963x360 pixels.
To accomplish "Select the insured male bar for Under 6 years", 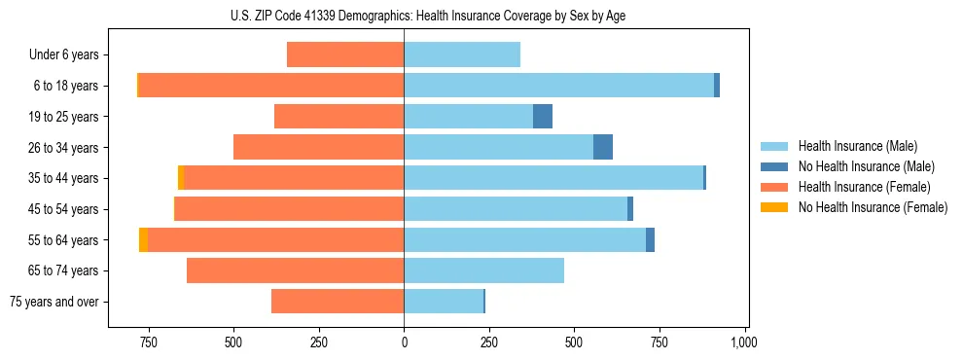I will [462, 54].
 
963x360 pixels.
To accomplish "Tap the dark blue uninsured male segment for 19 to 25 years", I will [543, 117].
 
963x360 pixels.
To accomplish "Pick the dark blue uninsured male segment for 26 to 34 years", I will [603, 147].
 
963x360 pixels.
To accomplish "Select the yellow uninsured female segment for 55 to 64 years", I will [143, 239].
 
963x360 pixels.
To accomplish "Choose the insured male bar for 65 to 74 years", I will [483, 270].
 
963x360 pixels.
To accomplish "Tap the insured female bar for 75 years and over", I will [338, 302].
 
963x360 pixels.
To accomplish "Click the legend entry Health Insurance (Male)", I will [857, 146].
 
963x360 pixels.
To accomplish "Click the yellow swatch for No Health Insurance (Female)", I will [775, 207].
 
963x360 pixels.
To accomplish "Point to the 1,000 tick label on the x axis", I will [744, 342].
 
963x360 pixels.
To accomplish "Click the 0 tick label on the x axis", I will [404, 342].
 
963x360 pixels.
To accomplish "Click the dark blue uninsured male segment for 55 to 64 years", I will [650, 239].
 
